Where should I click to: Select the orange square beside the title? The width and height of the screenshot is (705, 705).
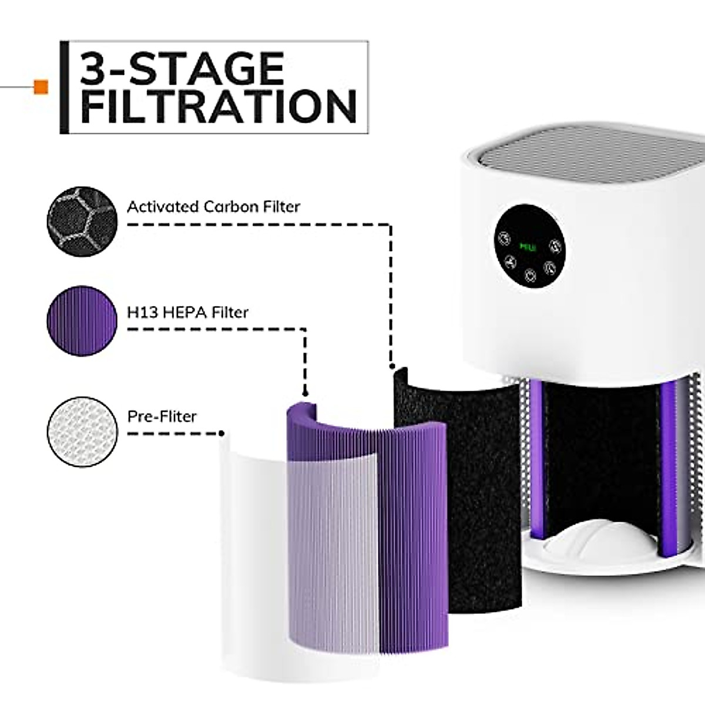(x=41, y=87)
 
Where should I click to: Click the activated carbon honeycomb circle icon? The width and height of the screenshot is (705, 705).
(x=82, y=221)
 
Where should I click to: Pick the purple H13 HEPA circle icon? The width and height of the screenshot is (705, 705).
(x=82, y=321)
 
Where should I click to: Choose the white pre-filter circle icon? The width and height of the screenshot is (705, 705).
(x=82, y=432)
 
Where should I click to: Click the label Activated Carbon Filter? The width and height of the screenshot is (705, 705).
(x=213, y=207)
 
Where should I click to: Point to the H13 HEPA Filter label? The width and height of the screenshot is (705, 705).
(x=188, y=312)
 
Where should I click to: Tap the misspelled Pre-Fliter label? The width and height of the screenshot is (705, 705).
(x=162, y=417)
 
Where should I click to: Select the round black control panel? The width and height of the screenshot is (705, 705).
(x=529, y=246)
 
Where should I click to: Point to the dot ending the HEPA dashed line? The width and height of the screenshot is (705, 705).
(x=304, y=392)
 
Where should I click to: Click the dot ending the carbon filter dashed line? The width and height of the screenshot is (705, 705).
(x=392, y=367)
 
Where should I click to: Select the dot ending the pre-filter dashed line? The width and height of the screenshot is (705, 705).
(x=221, y=434)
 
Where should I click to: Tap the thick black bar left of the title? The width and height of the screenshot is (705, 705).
(x=64, y=87)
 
